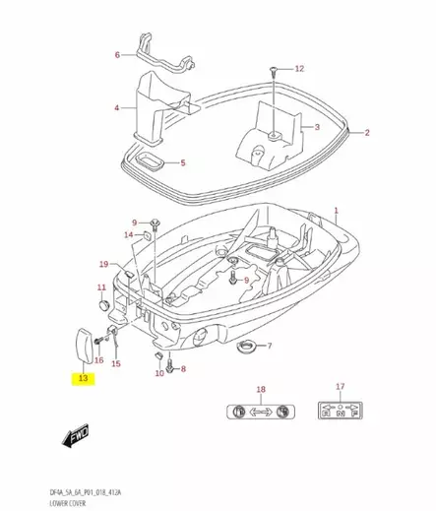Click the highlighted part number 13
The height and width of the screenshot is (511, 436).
coord(84,378)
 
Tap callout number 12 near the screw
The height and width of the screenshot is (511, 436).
coord(299,69)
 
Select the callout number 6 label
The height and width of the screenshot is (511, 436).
coord(117,55)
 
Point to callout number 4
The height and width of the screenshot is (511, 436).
coord(117,107)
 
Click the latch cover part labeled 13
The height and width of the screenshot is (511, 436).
coord(85,344)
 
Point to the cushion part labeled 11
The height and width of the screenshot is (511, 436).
coord(101,303)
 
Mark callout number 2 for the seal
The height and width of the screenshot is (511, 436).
coord(367,132)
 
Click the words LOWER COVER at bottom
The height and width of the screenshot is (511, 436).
coord(62,501)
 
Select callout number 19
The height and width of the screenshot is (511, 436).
coord(103,265)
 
